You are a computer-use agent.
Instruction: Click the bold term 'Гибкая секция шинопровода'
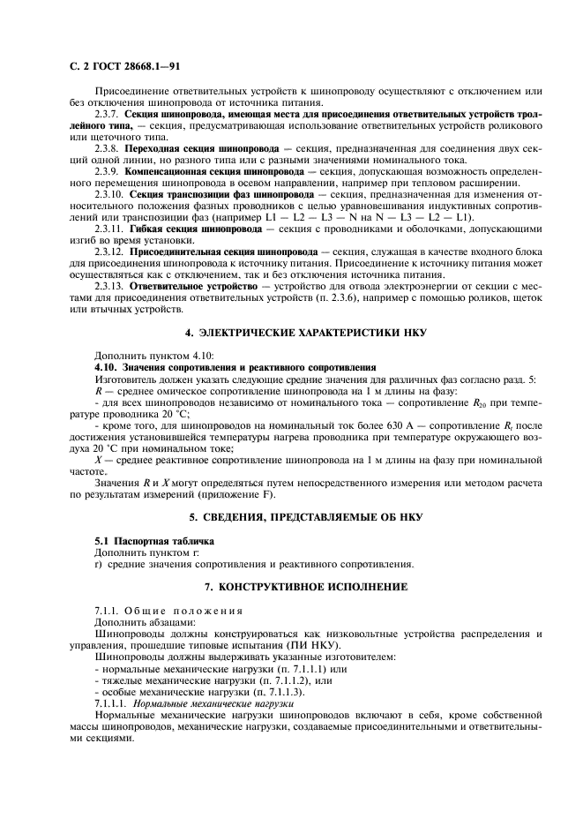click(195, 229)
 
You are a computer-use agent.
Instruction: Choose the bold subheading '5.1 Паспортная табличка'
click(147, 539)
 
